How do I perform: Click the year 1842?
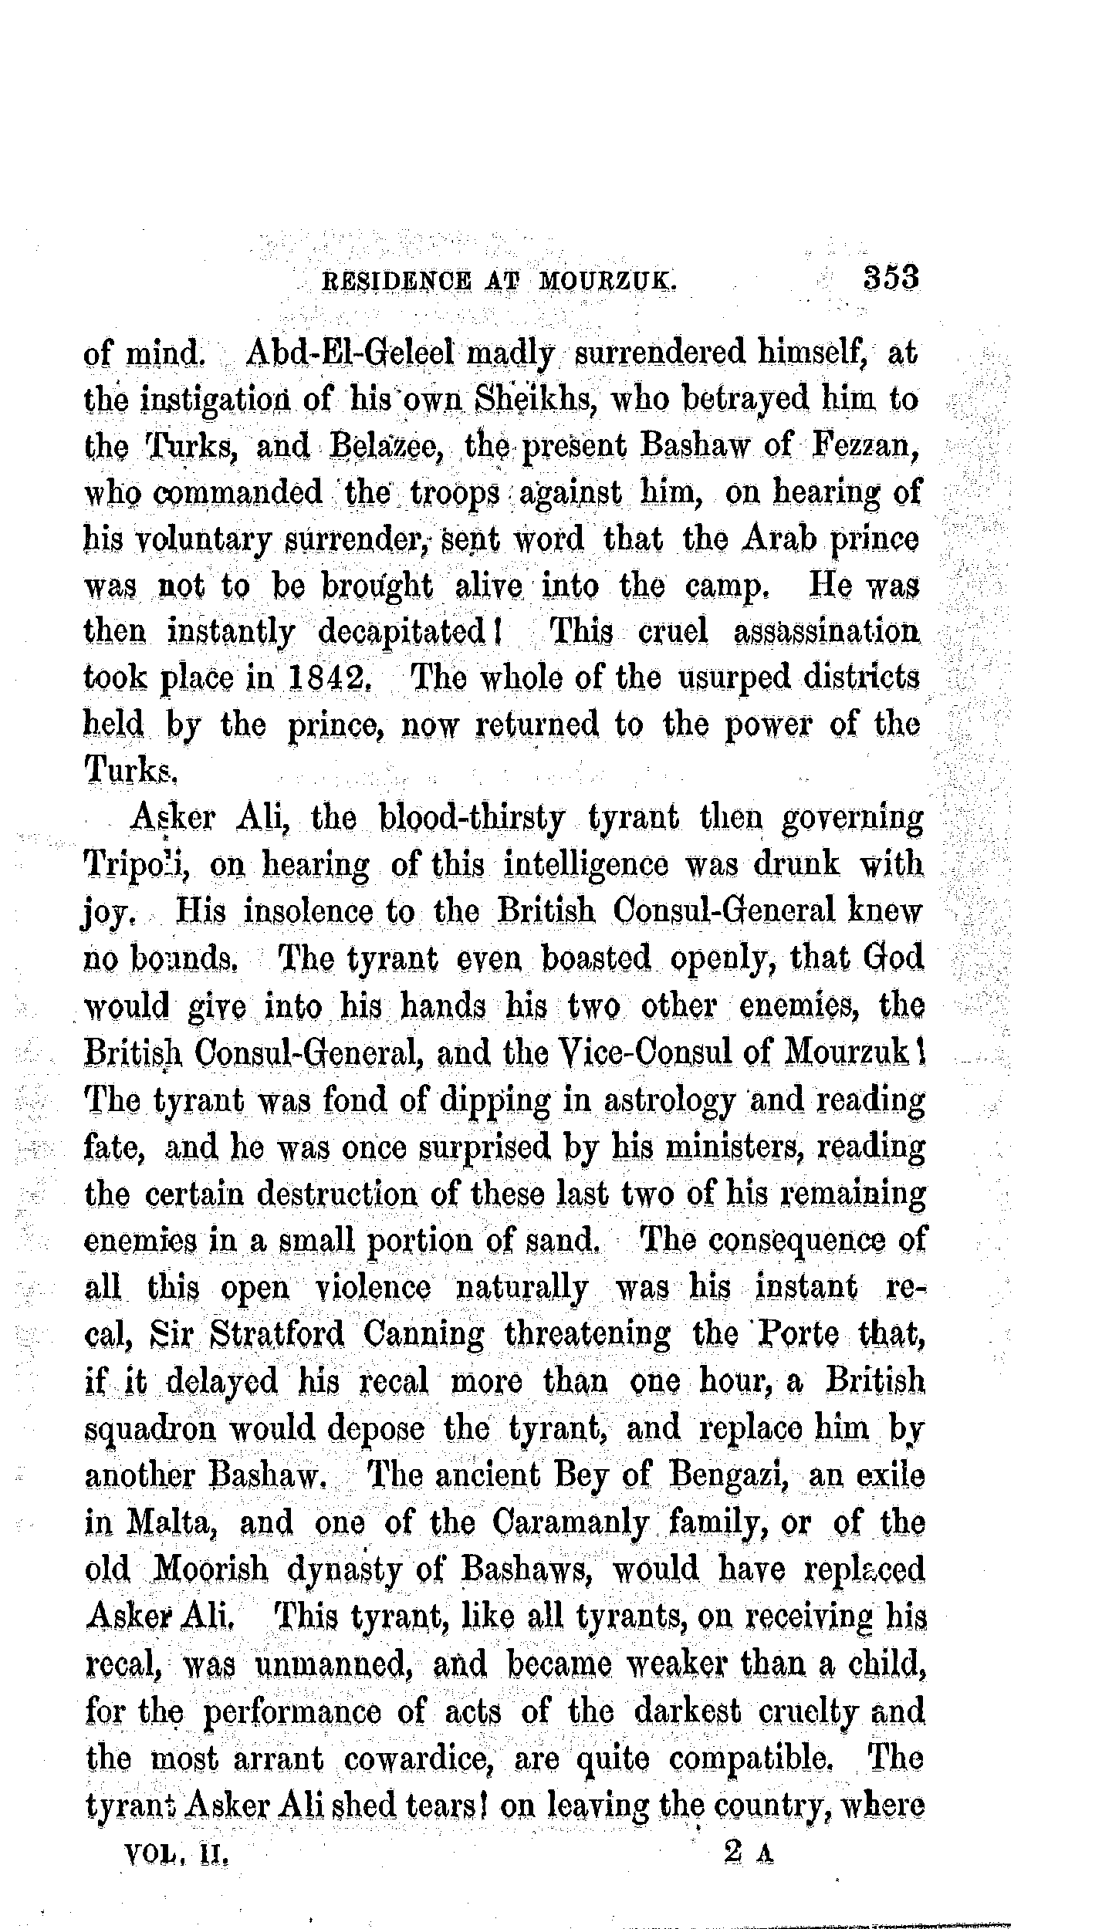tap(332, 679)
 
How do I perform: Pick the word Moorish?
tap(211, 1568)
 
